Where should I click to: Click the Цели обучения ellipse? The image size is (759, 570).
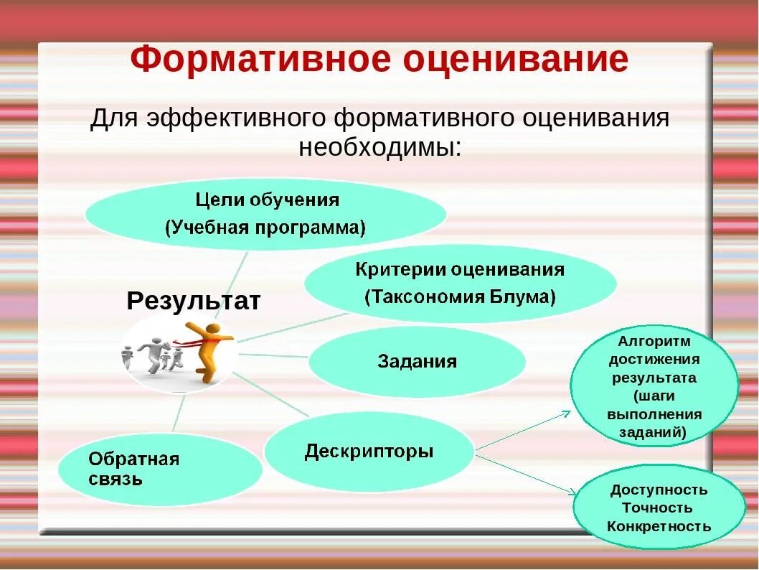[x=265, y=213]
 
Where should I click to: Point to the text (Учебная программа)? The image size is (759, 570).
[x=265, y=228]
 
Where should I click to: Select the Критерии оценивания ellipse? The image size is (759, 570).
[x=460, y=283]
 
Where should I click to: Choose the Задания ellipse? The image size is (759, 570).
[x=417, y=361]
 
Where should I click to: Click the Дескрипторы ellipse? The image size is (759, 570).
[x=369, y=452]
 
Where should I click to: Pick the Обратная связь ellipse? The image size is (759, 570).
[x=159, y=469]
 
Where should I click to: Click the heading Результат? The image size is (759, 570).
[x=193, y=301]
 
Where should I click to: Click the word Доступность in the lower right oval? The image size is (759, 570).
[x=658, y=490]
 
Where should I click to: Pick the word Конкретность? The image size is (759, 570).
[x=658, y=526]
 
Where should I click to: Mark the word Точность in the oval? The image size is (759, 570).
[x=658, y=508]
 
